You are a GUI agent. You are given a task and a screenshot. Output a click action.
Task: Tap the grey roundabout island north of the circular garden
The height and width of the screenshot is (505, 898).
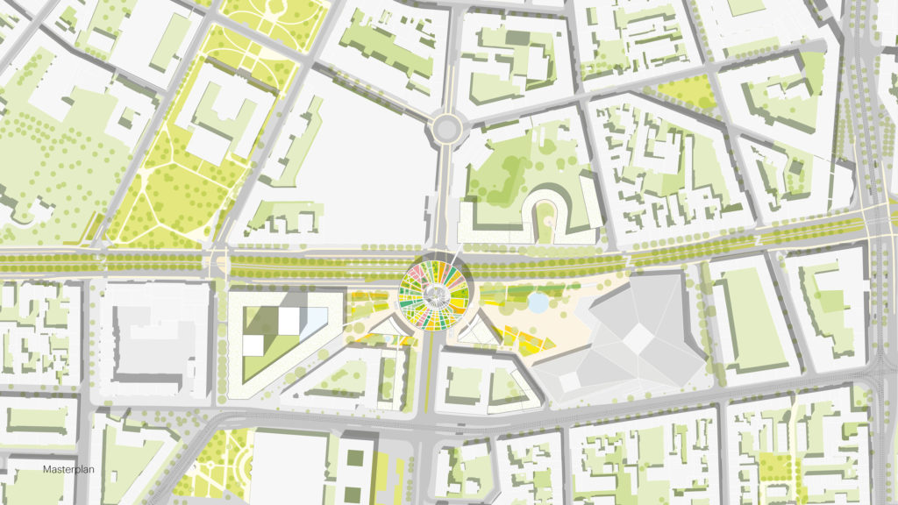click(445, 131)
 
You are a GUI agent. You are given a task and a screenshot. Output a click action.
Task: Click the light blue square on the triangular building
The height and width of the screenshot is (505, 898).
click(312, 324)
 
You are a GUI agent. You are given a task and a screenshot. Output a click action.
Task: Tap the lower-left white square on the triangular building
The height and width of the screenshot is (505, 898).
click(253, 345)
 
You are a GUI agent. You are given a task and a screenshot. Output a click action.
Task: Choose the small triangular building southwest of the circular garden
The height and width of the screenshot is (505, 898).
click(387, 331)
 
